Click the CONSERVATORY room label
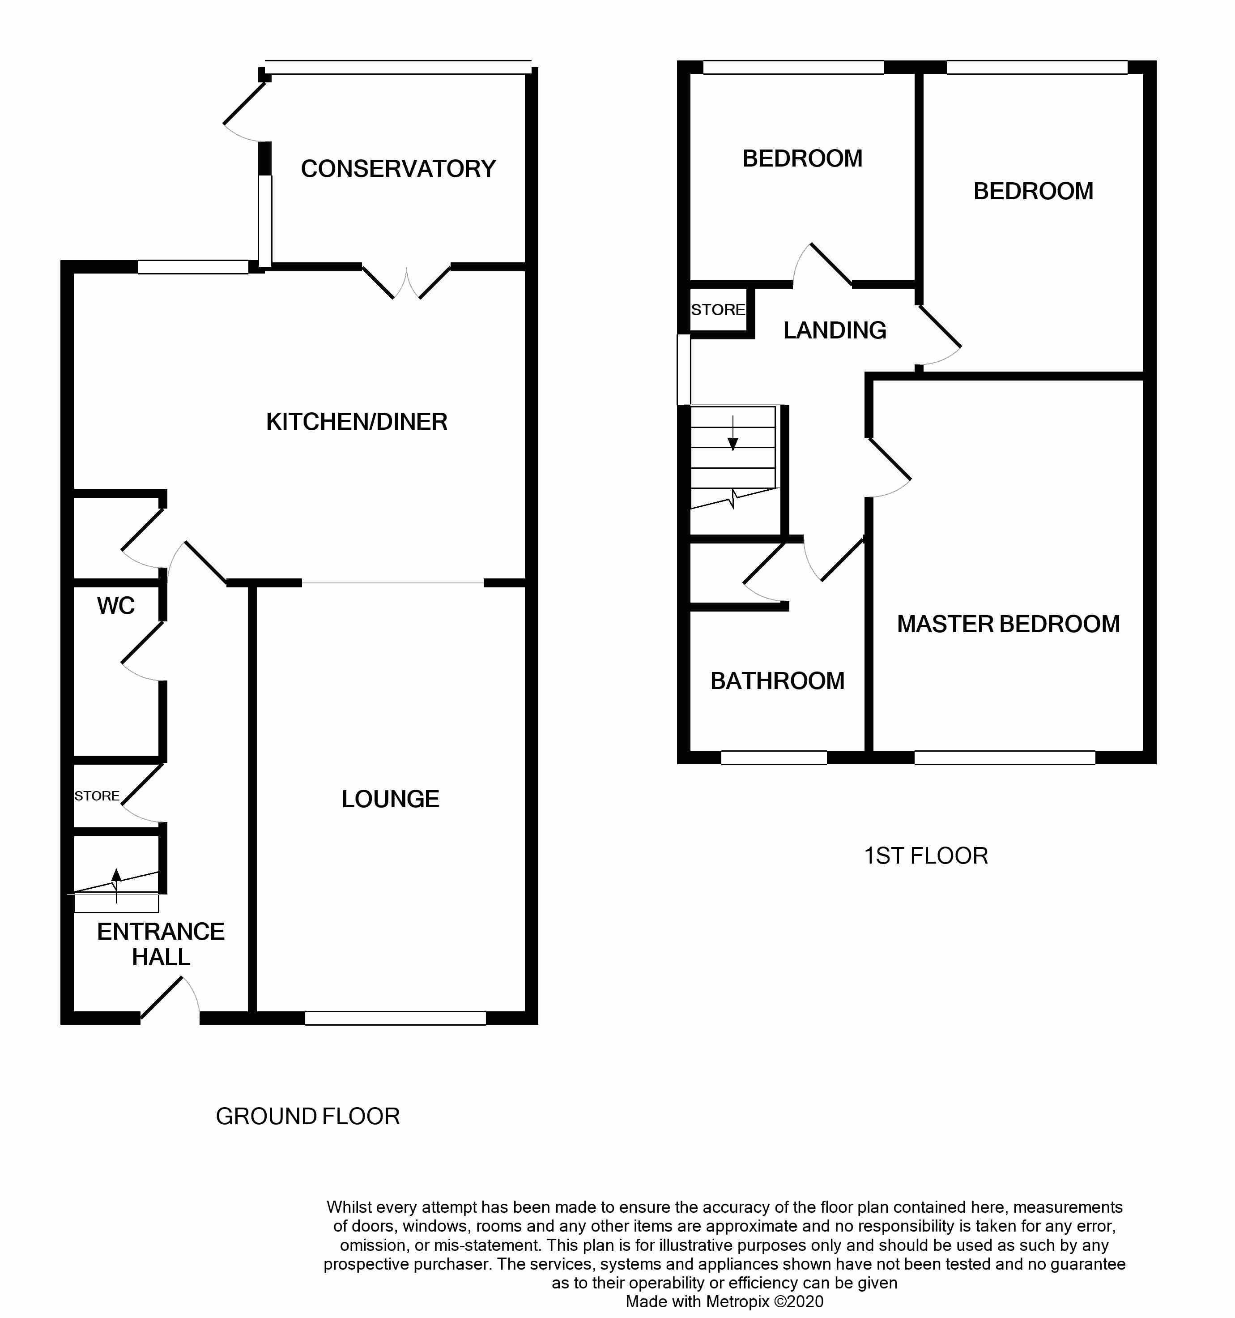pos(398,169)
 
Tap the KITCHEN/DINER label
pos(357,422)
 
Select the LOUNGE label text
pos(390,799)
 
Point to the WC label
pos(116,605)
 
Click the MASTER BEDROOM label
pos(1008,624)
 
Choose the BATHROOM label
pos(777,681)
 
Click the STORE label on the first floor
pos(718,310)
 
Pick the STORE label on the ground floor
pos(97,796)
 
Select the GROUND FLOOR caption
pos(307,1117)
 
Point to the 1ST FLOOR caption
pos(926,856)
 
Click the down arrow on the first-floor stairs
pos(733,433)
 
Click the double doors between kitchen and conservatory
pos(406,283)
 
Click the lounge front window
pos(396,1018)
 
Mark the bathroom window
pos(774,757)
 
